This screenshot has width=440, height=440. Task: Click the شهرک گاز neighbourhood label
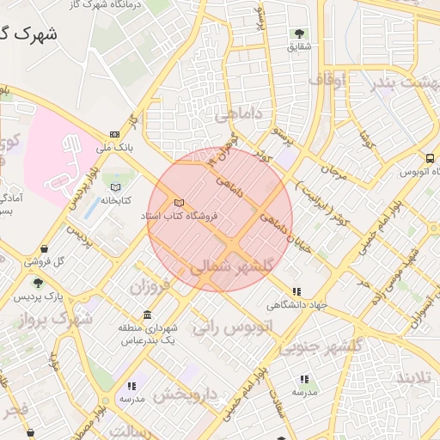(28, 34)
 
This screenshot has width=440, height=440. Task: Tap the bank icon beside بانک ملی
(115, 134)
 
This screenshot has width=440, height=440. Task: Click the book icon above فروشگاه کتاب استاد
(179, 202)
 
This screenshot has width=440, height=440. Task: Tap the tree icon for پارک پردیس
(37, 283)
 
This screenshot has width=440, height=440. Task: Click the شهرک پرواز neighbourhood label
(60, 319)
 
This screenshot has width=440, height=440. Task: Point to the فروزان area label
(152, 284)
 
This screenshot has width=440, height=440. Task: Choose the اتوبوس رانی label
(231, 327)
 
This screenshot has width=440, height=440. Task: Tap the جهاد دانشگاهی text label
(297, 304)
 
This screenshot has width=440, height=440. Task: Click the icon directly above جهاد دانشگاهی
(297, 292)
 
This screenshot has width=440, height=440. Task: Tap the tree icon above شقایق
(299, 34)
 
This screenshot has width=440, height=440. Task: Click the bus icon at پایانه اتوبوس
(429, 158)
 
